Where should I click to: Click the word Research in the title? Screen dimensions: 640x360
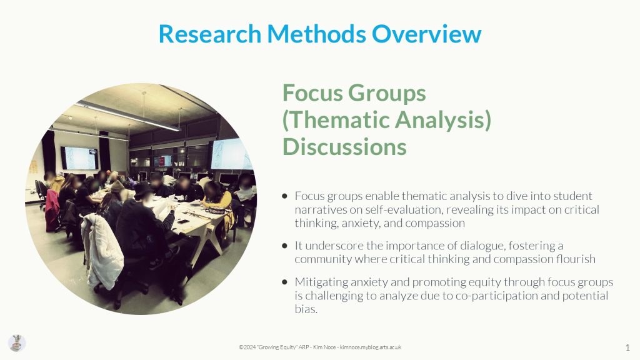pos(210,34)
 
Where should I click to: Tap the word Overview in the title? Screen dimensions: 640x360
pos(426,34)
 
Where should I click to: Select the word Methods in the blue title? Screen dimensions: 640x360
pos(316,34)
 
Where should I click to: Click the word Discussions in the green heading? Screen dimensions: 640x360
pos(344,147)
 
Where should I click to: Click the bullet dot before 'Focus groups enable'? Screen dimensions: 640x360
pos(284,196)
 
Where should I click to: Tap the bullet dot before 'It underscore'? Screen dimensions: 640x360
pos(284,246)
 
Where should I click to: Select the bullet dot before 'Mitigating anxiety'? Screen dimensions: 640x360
pos(284,282)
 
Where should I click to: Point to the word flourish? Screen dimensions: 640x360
pos(576,259)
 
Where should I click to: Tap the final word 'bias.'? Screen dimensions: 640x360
pos(306,309)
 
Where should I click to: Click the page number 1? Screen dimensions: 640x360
pos(627,347)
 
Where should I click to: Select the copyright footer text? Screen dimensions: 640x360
pos(320,347)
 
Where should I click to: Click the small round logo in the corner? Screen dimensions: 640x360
pos(17,343)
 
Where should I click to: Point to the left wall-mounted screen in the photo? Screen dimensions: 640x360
pos(79,158)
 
